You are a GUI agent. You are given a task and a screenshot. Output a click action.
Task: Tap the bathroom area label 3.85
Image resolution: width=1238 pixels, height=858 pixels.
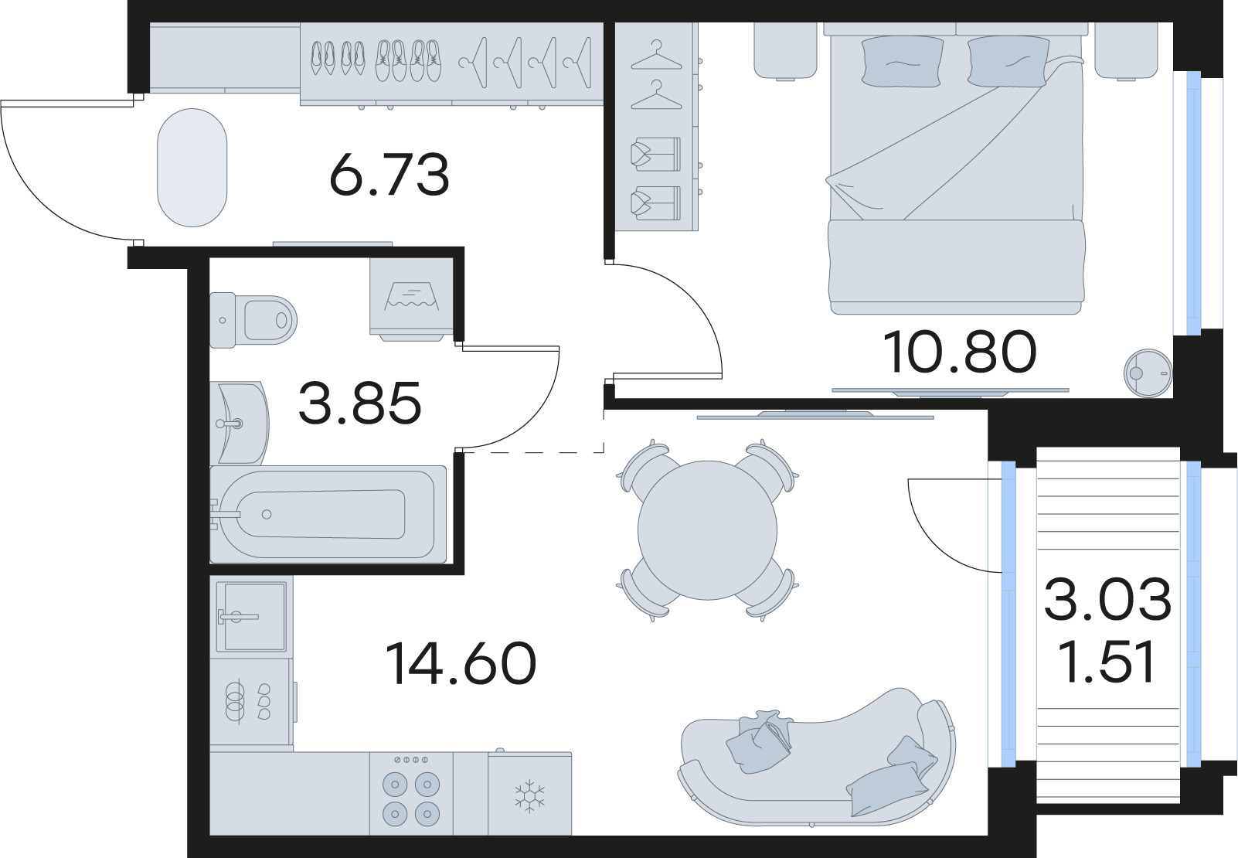[x=359, y=403]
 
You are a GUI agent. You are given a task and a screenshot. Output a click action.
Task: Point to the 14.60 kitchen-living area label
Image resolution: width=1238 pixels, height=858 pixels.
[x=461, y=664]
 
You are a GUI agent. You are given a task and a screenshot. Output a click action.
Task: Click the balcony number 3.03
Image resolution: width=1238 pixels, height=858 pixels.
[x=1107, y=600]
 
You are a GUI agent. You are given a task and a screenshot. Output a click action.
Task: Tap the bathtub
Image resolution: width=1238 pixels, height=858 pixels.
[x=328, y=513]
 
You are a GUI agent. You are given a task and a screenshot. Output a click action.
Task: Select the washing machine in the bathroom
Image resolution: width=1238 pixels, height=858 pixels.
[x=411, y=298]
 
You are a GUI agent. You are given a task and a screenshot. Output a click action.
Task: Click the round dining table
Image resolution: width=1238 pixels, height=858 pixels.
[x=707, y=530]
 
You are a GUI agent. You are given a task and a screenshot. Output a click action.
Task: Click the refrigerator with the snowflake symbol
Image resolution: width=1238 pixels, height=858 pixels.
[x=530, y=795]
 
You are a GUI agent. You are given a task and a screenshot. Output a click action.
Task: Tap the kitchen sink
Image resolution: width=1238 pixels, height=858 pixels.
[x=251, y=616]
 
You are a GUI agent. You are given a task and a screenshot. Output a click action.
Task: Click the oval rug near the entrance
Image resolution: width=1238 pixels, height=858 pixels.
[x=192, y=168]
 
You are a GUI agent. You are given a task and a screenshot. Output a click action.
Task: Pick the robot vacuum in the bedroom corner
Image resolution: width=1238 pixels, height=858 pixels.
[x=1148, y=373]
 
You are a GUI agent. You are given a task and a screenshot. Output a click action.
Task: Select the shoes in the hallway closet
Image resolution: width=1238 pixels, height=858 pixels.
[x=374, y=60]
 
